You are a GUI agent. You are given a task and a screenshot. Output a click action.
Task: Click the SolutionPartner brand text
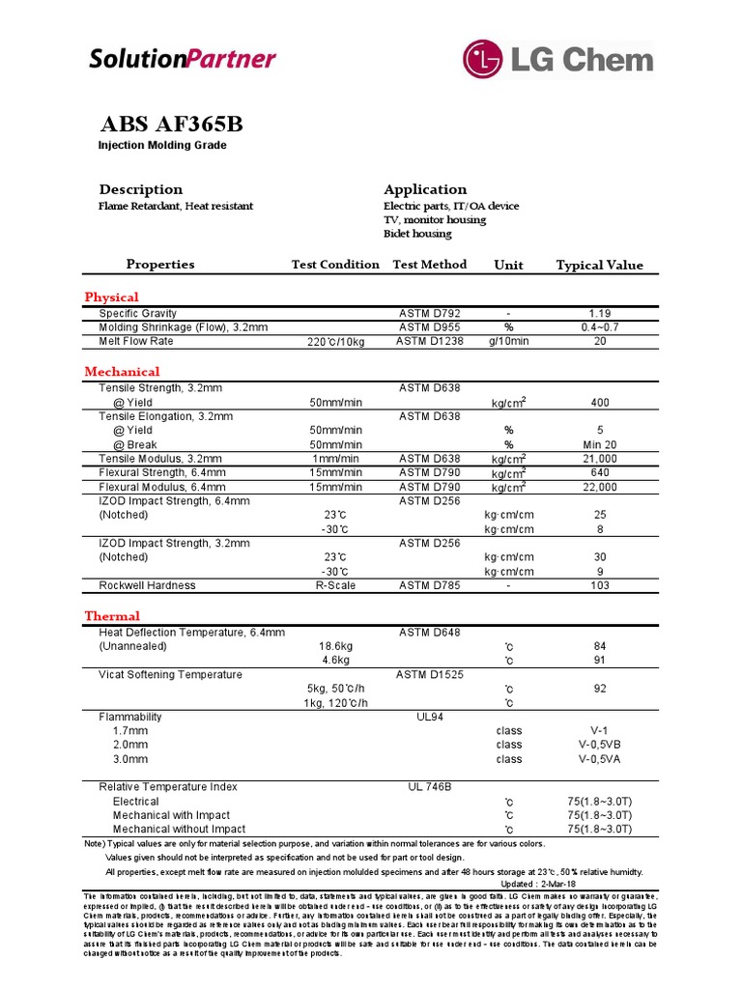(183, 59)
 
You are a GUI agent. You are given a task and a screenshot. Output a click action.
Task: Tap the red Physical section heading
(111, 297)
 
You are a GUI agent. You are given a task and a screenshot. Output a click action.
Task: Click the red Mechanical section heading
(122, 371)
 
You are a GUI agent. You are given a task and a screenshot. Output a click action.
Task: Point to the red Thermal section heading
(112, 615)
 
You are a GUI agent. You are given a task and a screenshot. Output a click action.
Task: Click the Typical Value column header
(599, 265)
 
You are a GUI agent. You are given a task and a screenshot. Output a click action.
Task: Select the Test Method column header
(429, 264)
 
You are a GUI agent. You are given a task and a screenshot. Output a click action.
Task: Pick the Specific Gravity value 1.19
(600, 314)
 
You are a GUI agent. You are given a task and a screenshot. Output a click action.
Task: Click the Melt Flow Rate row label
(136, 341)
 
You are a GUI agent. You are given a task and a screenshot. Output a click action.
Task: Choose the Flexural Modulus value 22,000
(600, 488)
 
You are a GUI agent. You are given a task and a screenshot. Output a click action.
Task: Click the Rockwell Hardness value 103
(600, 585)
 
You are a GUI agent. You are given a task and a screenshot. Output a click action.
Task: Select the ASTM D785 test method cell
(430, 585)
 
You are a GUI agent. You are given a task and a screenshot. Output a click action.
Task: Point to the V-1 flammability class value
(600, 731)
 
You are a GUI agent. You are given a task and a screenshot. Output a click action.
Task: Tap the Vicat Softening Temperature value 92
(600, 689)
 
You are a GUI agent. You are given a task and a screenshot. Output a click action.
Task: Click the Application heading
(425, 189)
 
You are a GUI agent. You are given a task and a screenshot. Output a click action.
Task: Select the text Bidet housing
(417, 234)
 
